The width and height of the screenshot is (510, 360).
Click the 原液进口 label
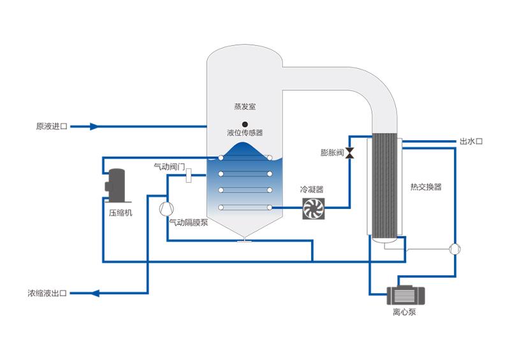[51, 126]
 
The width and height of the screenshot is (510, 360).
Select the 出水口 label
[471, 141]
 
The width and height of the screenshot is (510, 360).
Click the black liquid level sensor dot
[245, 124]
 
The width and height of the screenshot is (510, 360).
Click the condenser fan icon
[314, 208]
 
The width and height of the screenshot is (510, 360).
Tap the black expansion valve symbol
[350, 153]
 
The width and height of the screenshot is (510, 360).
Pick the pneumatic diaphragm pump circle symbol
[166, 208]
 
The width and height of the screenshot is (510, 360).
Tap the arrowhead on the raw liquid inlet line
[94, 126]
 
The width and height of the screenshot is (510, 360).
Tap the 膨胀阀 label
[332, 153]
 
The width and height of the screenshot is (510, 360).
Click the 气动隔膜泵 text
[188, 222]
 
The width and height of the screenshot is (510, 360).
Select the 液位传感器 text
[245, 133]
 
